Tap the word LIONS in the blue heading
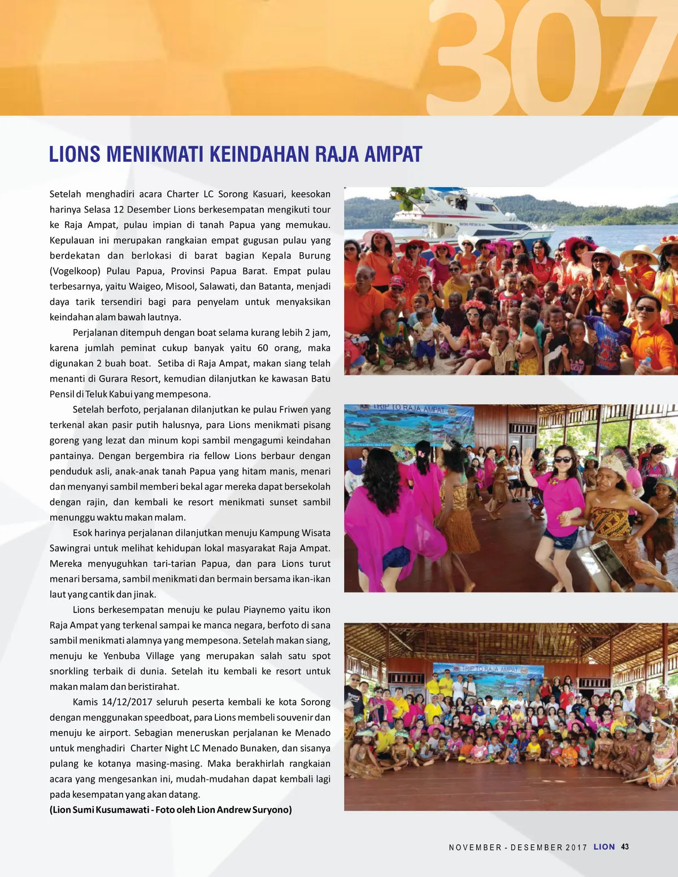click(75, 154)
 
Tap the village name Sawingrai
click(70, 548)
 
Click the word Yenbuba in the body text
click(123, 656)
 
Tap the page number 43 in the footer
click(624, 847)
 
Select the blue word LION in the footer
click(604, 847)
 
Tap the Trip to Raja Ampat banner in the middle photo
click(409, 424)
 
